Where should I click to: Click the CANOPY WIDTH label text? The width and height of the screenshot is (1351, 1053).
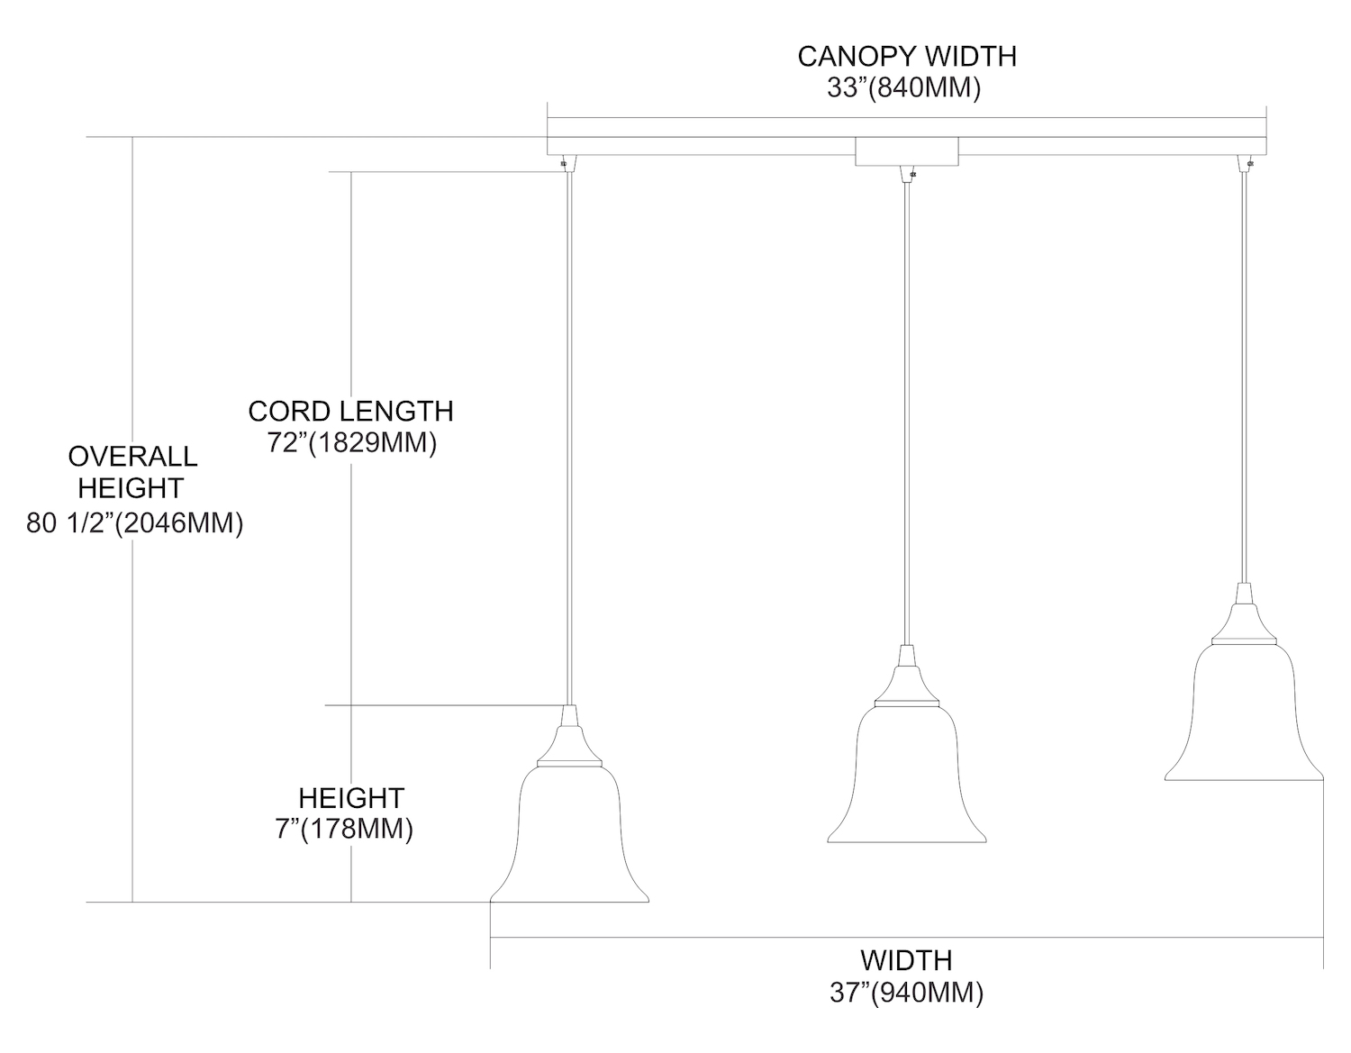pyautogui.click(x=906, y=56)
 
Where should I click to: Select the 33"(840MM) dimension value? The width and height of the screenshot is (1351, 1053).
pyautogui.click(x=903, y=89)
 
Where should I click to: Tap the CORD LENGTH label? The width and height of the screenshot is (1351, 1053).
pyautogui.click(x=350, y=411)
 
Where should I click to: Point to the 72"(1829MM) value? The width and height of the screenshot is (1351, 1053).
pyautogui.click(x=351, y=443)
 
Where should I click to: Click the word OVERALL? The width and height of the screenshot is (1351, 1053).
pyautogui.click(x=132, y=456)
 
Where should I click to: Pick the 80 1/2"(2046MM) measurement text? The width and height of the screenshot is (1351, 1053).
pyautogui.click(x=135, y=523)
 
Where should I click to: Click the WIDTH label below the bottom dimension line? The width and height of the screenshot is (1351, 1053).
pyautogui.click(x=906, y=959)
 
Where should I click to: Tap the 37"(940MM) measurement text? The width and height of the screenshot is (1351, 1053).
pyautogui.click(x=906, y=992)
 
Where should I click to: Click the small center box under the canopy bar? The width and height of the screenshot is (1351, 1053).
pyautogui.click(x=906, y=152)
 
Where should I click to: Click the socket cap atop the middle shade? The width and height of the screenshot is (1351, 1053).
pyautogui.click(x=907, y=675)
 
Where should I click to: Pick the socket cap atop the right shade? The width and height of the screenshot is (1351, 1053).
pyautogui.click(x=1244, y=613)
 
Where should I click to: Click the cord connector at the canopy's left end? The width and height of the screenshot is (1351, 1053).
pyautogui.click(x=566, y=163)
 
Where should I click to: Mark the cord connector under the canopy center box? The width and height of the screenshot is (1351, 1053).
pyautogui.click(x=908, y=174)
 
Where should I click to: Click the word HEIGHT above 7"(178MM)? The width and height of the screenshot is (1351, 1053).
pyautogui.click(x=351, y=797)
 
